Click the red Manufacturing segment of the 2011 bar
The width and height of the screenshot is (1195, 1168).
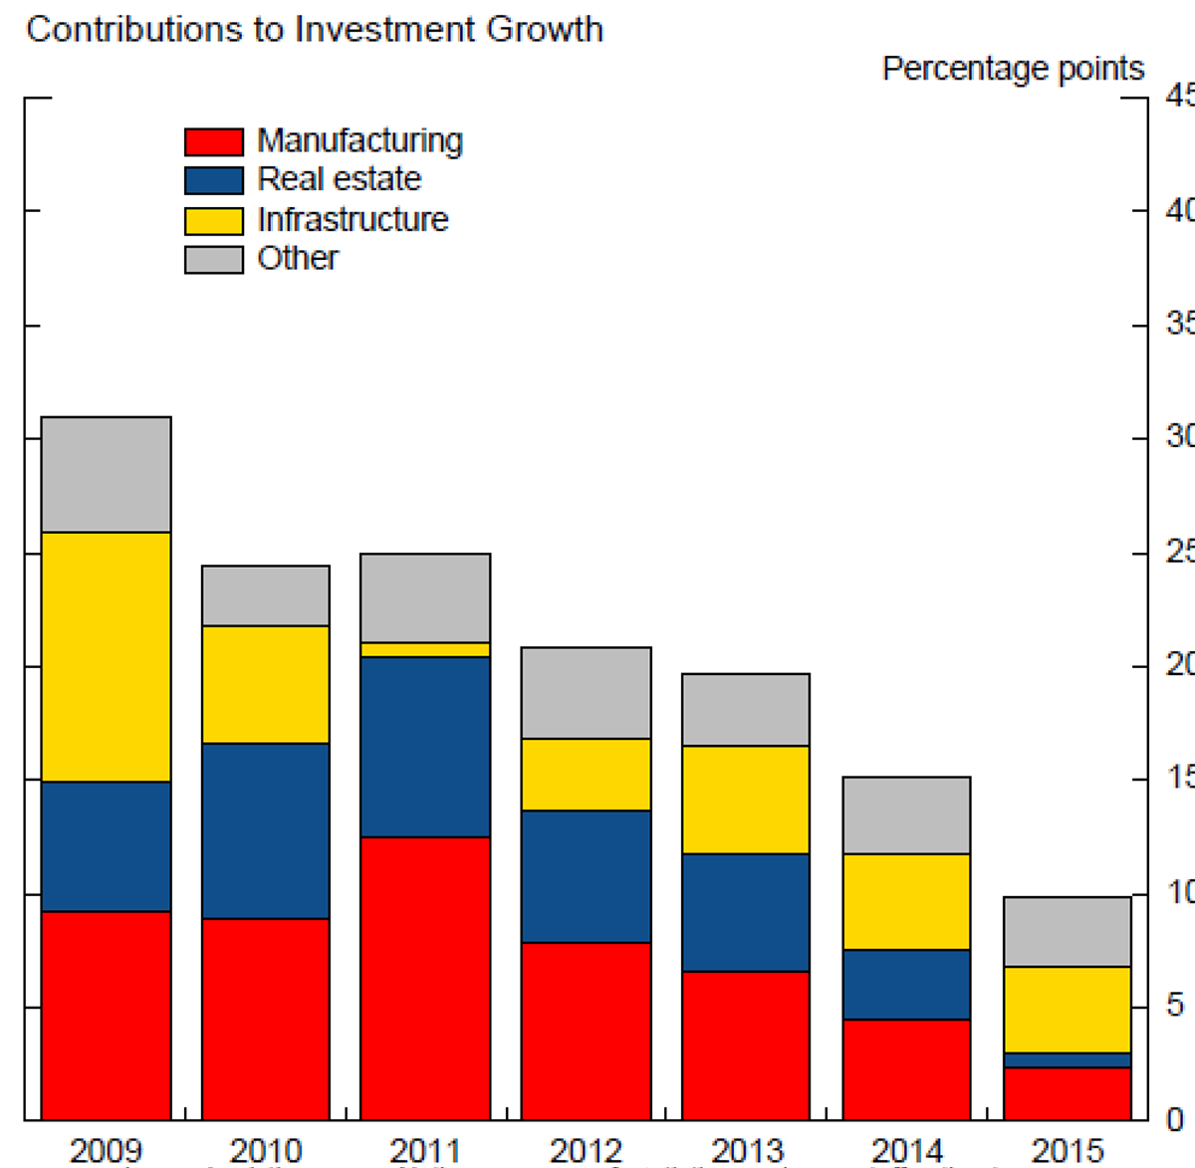coord(425,978)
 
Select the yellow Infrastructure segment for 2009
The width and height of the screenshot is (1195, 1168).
coord(106,657)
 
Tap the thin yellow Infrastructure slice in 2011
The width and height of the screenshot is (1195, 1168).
coord(425,650)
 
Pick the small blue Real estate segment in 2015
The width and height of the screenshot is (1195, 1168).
coord(1068,1060)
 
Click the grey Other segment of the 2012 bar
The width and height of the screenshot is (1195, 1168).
coord(586,693)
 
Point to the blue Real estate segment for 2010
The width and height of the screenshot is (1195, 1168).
coord(265,830)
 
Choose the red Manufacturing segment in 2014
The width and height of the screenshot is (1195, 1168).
coord(906,1069)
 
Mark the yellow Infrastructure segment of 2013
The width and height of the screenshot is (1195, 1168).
coord(745,800)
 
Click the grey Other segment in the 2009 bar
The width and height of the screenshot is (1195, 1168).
coord(106,475)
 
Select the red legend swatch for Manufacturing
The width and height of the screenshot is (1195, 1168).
coord(214,141)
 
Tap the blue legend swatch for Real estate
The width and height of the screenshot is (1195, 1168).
coord(214,180)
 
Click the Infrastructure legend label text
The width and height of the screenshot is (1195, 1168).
coord(353,219)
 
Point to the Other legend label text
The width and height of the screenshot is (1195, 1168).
coord(298,258)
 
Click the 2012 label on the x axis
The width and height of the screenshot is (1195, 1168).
coord(586,1150)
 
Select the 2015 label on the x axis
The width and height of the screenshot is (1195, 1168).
coord(1068,1150)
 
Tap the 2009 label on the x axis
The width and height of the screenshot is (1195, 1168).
coord(106,1150)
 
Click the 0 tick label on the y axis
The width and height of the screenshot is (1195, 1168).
coord(1175,1119)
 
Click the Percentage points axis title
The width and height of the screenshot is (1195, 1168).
coord(1013,69)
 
